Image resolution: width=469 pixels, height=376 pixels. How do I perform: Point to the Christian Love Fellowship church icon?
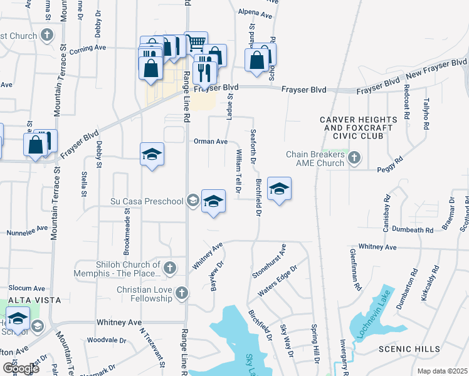[x=181, y=293]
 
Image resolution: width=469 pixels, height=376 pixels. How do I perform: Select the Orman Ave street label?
[x=211, y=142]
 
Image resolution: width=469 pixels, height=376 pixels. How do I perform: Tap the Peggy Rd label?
[x=388, y=169]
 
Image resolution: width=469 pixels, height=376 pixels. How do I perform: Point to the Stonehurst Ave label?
[x=269, y=261]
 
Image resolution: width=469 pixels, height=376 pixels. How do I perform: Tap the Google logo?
[x=21, y=368]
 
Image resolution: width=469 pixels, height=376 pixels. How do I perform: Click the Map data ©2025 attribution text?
[x=442, y=371]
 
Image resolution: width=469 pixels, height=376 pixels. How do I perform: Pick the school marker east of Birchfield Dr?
[x=279, y=189]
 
